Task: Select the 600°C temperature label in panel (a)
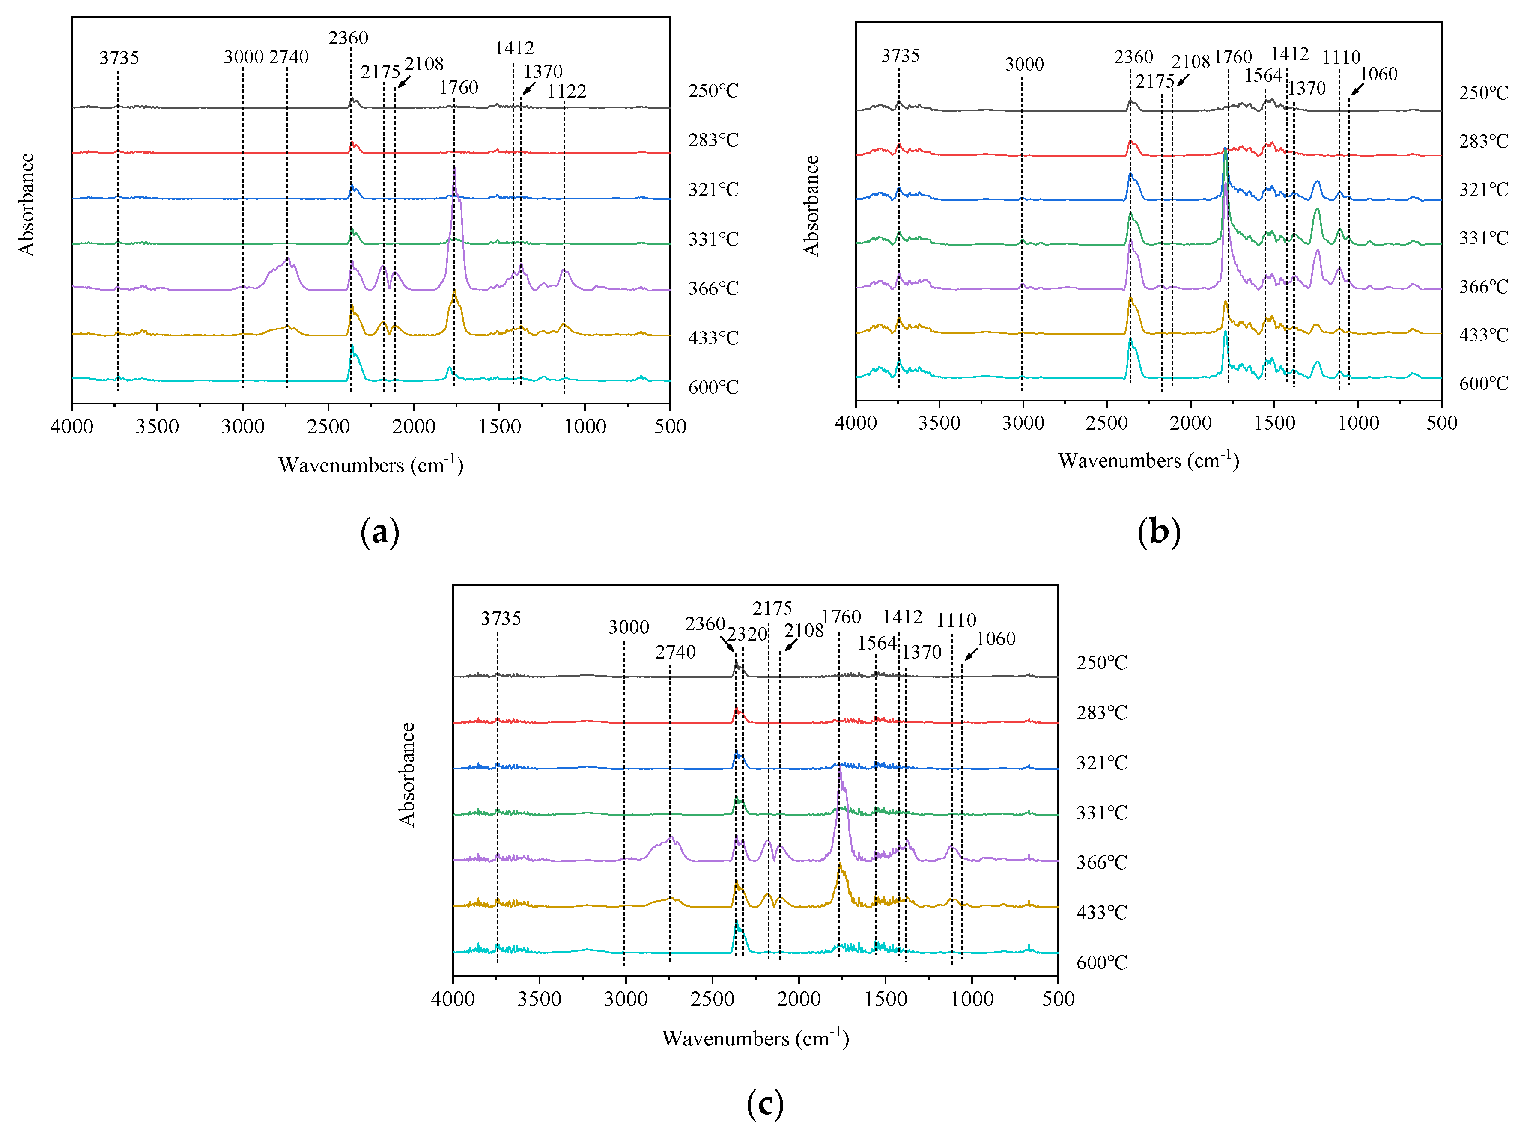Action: [713, 387]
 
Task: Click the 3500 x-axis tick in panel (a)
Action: [157, 427]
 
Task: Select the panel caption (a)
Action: [379, 532]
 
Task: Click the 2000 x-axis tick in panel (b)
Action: [1190, 423]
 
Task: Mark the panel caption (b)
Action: [1159, 532]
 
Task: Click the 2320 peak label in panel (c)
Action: [747, 634]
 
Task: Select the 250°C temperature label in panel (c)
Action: [1101, 663]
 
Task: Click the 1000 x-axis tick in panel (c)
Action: [972, 1000]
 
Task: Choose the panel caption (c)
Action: [765, 1104]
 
